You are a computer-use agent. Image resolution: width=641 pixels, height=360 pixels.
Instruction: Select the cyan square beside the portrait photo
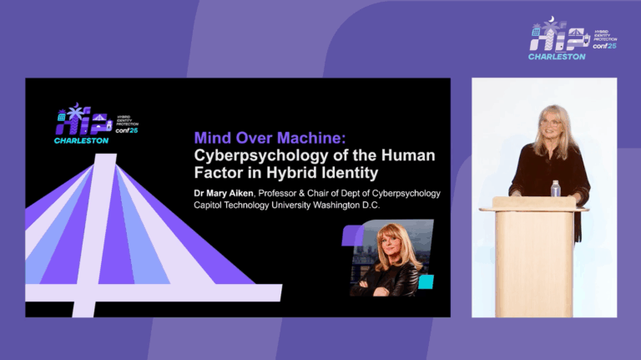[x=426, y=281]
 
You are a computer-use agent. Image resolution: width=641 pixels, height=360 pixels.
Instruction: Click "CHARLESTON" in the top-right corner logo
[x=557, y=56]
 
